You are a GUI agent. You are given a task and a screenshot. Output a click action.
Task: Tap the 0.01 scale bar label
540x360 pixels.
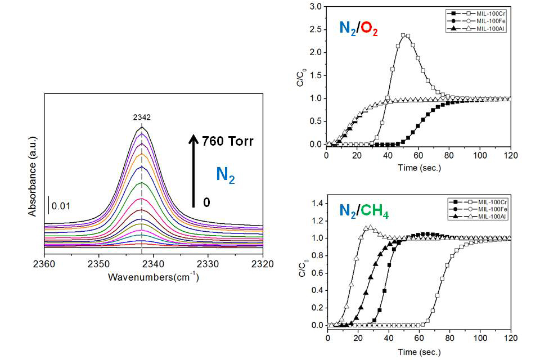(61, 206)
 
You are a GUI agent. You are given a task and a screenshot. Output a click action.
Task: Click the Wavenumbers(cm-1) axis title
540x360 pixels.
(153, 277)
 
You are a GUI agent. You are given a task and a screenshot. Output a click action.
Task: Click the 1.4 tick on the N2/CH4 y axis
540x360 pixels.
(317, 203)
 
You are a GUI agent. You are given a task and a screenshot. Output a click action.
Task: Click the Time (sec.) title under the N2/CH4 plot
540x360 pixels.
(418, 352)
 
